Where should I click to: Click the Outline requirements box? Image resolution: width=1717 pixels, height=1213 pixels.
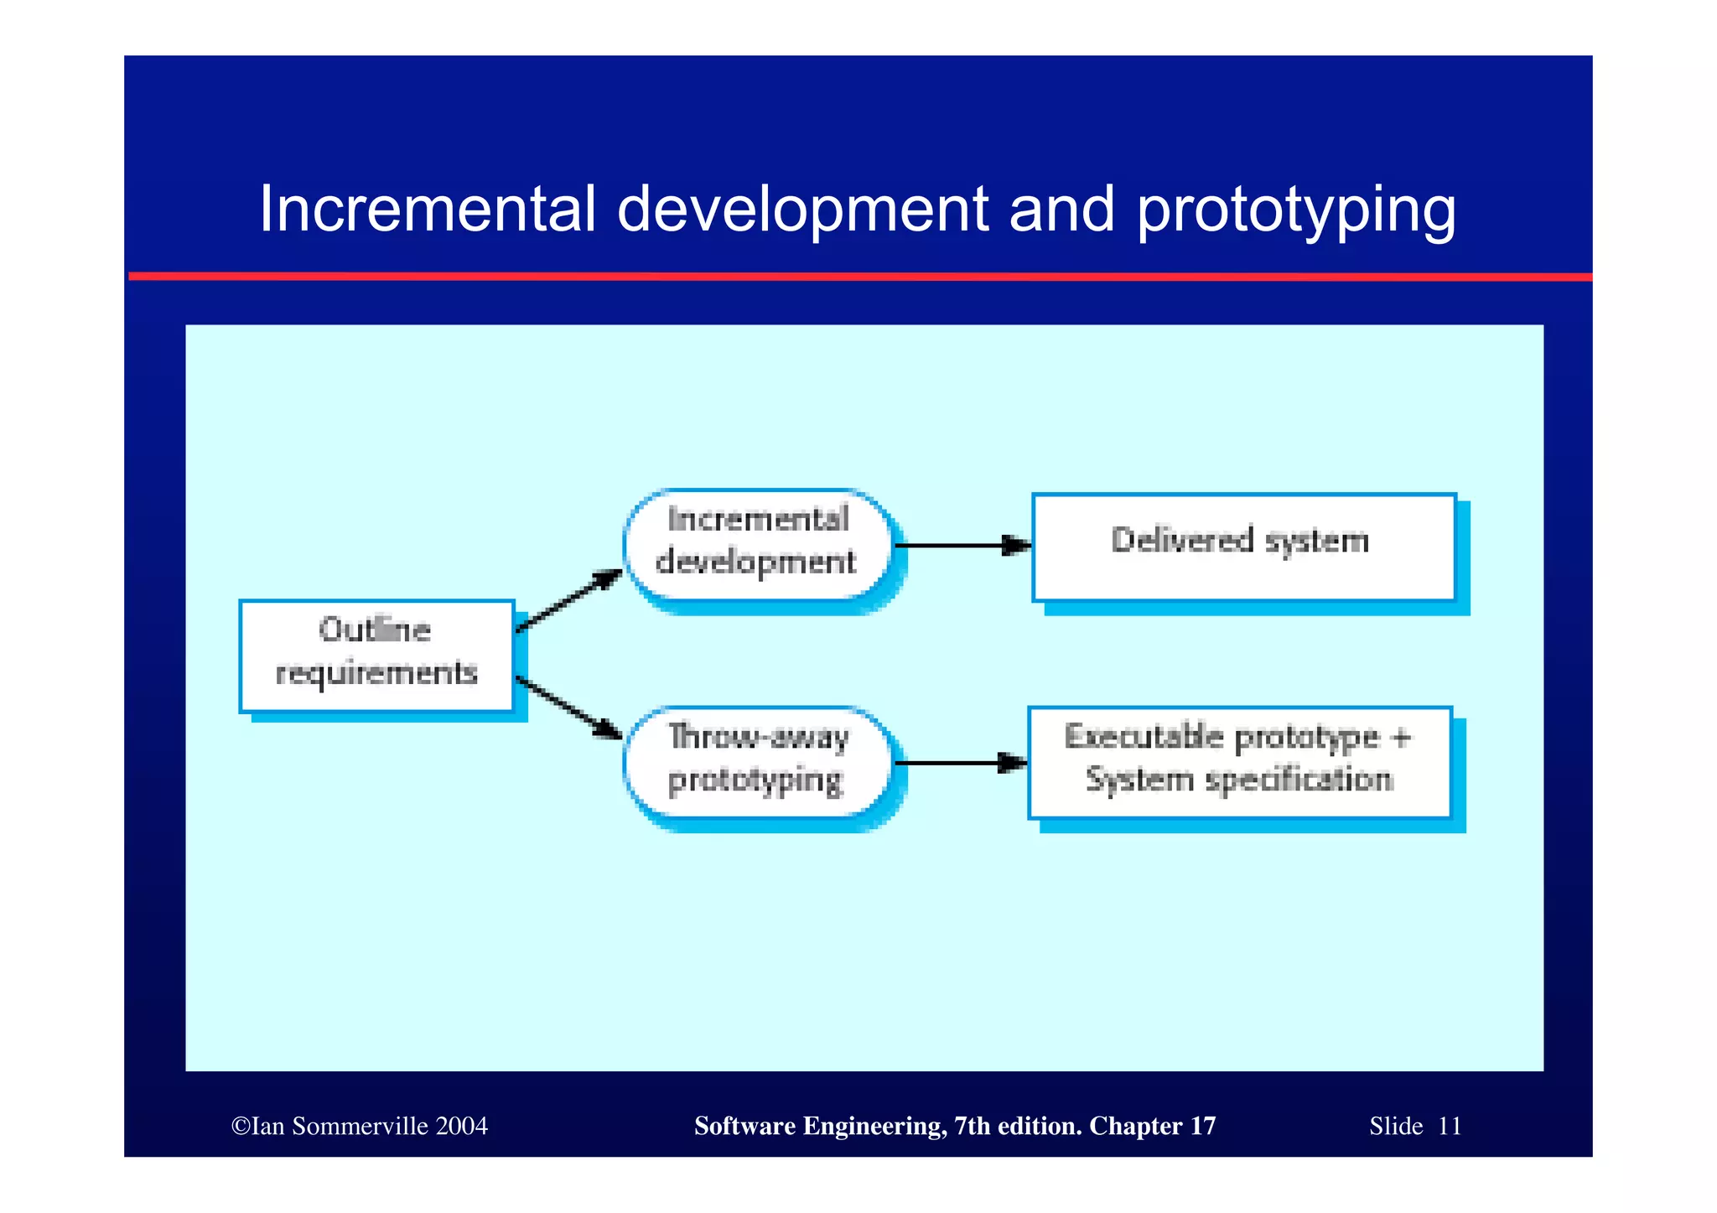point(376,656)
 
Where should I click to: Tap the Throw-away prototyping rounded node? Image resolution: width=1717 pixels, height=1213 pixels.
point(759,761)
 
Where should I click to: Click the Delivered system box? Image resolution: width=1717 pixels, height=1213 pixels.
point(1243,547)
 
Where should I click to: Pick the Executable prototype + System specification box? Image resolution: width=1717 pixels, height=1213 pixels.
point(1239,761)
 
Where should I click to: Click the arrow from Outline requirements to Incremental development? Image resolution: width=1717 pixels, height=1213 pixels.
point(569,599)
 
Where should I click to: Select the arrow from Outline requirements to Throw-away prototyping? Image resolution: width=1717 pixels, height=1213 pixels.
point(569,708)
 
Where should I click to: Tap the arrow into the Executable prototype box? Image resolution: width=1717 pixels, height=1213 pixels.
point(961,763)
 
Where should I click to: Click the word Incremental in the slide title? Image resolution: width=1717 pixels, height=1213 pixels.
point(428,209)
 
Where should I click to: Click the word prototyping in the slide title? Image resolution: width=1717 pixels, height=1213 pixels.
point(1296,211)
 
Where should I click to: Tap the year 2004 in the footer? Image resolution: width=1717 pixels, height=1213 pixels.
point(461,1126)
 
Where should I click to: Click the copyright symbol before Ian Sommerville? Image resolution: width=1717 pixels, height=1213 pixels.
point(241,1126)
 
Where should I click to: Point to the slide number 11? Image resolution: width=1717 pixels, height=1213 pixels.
point(1450,1126)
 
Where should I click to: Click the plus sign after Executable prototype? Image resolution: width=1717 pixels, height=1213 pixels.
point(1401,738)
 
